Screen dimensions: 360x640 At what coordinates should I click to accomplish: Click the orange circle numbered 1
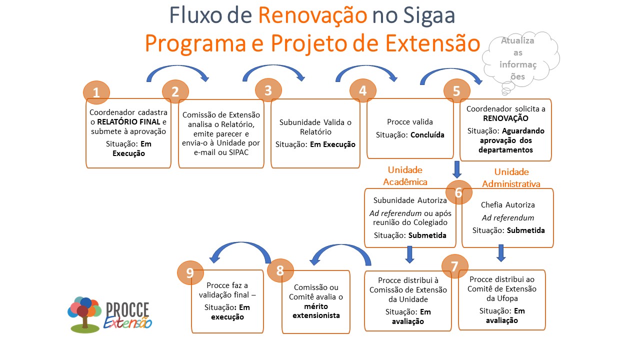click(96, 92)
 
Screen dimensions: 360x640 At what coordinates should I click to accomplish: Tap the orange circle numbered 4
click(363, 91)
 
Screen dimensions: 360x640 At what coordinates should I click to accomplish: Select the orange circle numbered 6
click(459, 192)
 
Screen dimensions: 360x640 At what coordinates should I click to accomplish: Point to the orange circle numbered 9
click(190, 272)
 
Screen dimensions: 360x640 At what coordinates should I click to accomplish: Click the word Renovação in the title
click(312, 15)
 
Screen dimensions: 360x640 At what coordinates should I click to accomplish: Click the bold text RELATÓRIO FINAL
click(128, 121)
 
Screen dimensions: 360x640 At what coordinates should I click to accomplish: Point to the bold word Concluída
click(427, 135)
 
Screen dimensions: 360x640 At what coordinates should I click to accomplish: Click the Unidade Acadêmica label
click(405, 175)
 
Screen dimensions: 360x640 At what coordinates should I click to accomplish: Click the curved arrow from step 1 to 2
click(177, 72)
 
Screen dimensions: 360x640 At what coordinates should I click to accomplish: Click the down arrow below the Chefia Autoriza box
click(501, 253)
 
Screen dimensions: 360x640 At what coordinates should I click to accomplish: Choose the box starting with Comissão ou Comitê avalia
click(316, 301)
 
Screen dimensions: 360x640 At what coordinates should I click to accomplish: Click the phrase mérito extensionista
click(316, 310)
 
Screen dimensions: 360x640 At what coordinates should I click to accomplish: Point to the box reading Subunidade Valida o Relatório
click(315, 133)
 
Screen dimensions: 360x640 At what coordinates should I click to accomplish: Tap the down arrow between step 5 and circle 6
click(457, 169)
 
